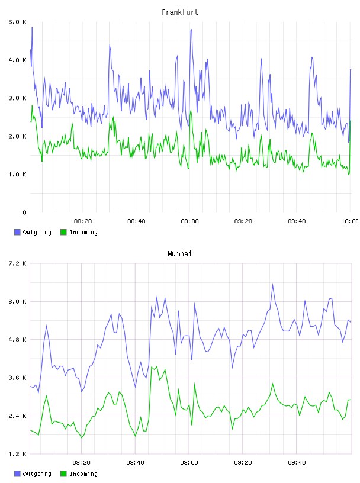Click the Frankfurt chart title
click(x=180, y=12)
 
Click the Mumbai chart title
click(x=179, y=254)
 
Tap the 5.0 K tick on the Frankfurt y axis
click(x=17, y=22)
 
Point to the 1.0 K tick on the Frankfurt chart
click(x=17, y=175)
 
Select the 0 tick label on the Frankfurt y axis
click(x=24, y=212)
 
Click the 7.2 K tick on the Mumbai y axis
click(x=17, y=263)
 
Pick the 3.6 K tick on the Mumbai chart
click(x=17, y=378)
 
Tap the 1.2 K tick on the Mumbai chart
click(x=17, y=454)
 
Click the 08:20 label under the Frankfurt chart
click(x=83, y=221)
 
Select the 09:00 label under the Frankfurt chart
click(x=190, y=221)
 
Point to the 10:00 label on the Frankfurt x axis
click(x=349, y=221)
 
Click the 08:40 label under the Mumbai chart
click(x=136, y=463)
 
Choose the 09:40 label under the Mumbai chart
click(x=297, y=463)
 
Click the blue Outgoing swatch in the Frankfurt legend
click(x=17, y=232)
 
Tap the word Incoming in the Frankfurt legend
click(x=83, y=233)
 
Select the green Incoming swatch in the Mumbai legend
click(x=63, y=474)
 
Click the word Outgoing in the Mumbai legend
click(x=37, y=474)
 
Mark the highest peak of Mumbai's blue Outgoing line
click(x=273, y=284)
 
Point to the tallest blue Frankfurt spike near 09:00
click(x=191, y=30)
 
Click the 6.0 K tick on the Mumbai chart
click(x=17, y=302)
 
